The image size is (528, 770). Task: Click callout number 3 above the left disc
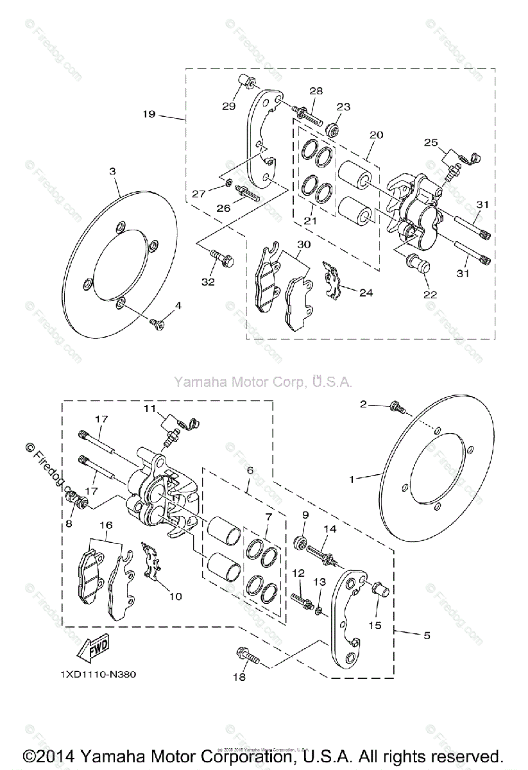click(x=112, y=171)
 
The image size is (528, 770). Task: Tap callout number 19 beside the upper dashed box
click(x=149, y=114)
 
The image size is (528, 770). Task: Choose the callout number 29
click(x=229, y=106)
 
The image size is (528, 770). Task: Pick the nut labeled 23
click(x=332, y=130)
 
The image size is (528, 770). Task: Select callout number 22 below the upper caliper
click(x=430, y=295)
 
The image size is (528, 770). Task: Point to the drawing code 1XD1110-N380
click(x=98, y=674)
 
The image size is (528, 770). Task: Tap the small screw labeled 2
click(x=395, y=406)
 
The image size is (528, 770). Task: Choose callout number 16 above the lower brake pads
click(x=106, y=525)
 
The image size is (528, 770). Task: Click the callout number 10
click(x=175, y=596)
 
